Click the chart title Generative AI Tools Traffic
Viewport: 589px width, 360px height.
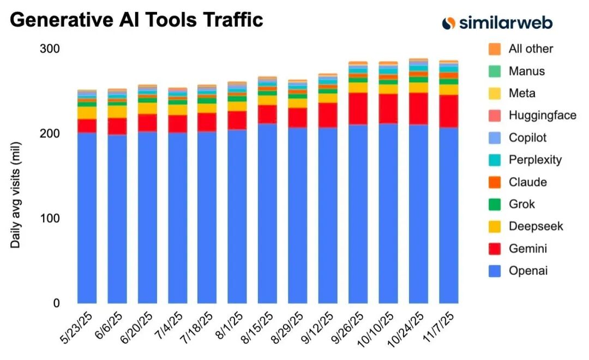pos(136,20)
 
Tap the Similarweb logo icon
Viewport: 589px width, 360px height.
pos(448,22)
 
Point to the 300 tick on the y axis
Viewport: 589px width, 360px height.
pos(49,49)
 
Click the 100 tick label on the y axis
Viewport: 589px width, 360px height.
pos(49,218)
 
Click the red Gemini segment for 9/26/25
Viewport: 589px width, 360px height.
pos(358,109)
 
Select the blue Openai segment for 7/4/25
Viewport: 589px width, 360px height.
pos(178,218)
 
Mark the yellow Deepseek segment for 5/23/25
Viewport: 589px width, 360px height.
pos(87,112)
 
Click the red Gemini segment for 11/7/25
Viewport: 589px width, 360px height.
pos(449,111)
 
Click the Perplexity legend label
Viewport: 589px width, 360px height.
pos(535,160)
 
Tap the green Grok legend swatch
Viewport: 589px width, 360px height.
pos(495,205)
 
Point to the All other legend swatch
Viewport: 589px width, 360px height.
pos(495,49)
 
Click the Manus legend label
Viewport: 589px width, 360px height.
pos(526,71)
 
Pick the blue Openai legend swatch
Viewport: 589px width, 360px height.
pos(495,271)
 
